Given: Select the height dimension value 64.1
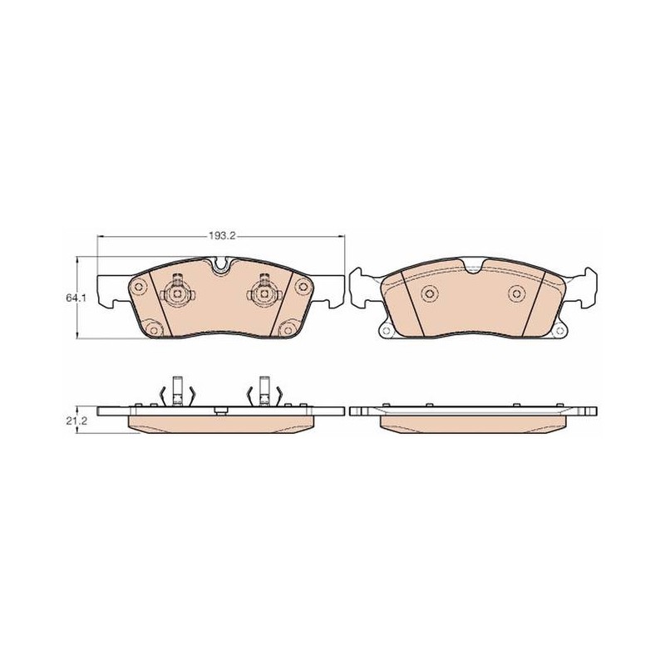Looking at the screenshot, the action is pos(76,298).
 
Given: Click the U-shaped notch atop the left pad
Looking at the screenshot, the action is pos(220,265).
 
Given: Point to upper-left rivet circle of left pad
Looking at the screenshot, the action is pos(138,288).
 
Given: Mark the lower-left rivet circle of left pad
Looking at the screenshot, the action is pos(154,330).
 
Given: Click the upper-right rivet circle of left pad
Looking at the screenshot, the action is pos(303,287).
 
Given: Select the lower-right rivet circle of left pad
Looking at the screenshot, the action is pos(287,330).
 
